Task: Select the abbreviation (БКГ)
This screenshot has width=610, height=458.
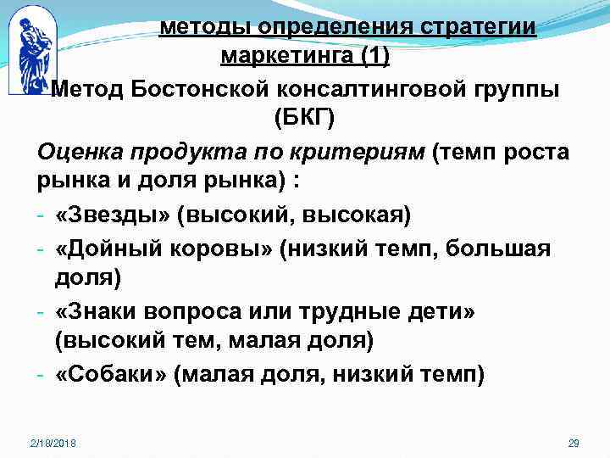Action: coord(305,119)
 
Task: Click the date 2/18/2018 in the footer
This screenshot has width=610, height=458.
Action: coord(52,444)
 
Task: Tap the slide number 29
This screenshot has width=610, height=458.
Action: coord(573,444)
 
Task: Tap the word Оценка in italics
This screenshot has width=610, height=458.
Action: coord(77,152)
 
